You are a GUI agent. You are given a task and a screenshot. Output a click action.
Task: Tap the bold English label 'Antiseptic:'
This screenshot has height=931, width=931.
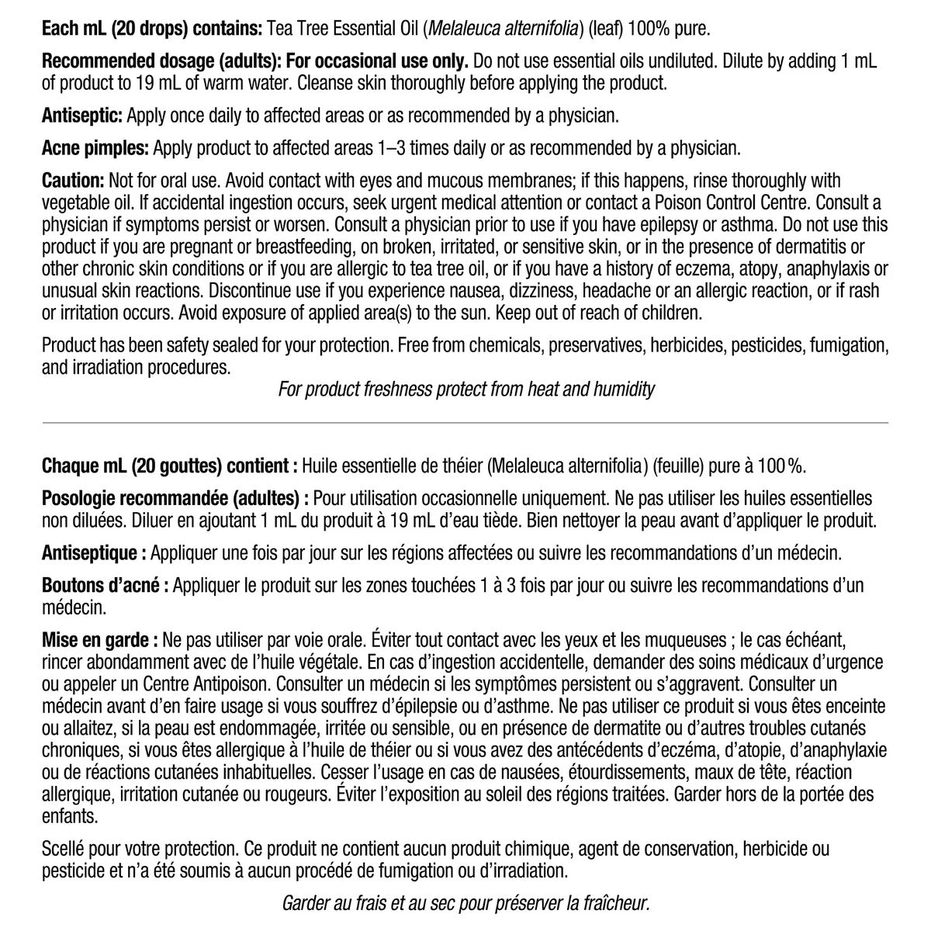click(x=82, y=116)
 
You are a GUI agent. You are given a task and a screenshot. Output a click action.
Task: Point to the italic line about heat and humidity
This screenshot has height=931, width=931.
click(x=465, y=389)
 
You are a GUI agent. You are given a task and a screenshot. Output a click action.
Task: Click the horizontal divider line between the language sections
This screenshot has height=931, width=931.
click(x=465, y=422)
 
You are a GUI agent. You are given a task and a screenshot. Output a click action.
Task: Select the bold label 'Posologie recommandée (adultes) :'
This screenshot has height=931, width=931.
click(x=175, y=497)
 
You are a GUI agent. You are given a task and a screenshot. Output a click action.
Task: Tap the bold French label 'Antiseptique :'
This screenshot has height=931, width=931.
click(x=94, y=553)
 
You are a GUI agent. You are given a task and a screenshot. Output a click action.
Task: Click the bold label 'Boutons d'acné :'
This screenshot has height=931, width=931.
click(x=106, y=586)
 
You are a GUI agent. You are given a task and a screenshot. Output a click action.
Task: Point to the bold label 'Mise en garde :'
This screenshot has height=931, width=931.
click(x=100, y=640)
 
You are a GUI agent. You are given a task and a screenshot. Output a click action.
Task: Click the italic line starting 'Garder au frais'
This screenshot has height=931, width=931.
click(x=465, y=903)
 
